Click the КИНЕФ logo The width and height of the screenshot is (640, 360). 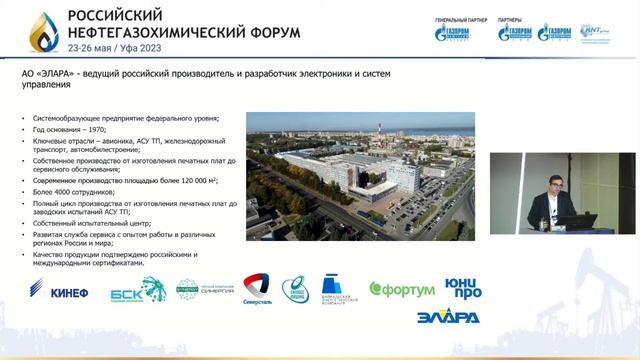point(66,292)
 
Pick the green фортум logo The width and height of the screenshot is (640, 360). point(402,289)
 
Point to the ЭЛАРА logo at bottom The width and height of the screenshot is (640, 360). point(446,318)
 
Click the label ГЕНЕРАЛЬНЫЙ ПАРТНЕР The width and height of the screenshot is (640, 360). point(459,20)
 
